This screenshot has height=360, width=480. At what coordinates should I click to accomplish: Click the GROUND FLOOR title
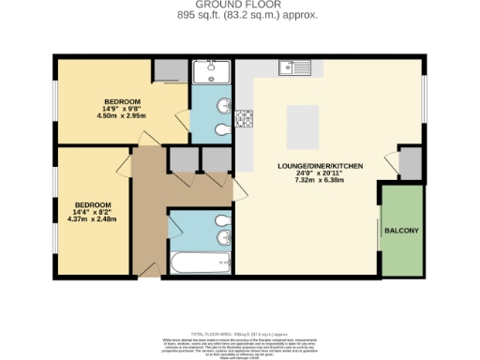[x=239, y=5]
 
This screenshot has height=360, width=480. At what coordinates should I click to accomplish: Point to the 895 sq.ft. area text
[x=239, y=15]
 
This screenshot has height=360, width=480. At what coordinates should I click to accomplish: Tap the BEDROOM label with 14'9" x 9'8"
[x=122, y=101]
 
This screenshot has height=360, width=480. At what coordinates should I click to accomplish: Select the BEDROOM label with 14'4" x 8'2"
[x=94, y=204]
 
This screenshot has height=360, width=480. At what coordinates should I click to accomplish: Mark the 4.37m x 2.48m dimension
[x=94, y=219]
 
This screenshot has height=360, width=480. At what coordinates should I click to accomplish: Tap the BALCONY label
[x=400, y=230]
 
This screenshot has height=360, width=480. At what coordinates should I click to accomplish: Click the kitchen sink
[x=294, y=67]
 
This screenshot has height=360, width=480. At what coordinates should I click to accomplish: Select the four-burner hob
[x=245, y=118]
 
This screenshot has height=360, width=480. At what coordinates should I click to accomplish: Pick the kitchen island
[x=306, y=123]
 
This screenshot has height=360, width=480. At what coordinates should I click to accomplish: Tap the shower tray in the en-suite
[x=212, y=73]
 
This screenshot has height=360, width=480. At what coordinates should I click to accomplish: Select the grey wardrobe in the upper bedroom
[x=170, y=70]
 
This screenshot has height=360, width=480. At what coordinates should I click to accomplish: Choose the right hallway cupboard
[x=216, y=160]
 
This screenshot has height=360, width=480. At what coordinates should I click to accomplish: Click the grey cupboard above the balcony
[x=410, y=165]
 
